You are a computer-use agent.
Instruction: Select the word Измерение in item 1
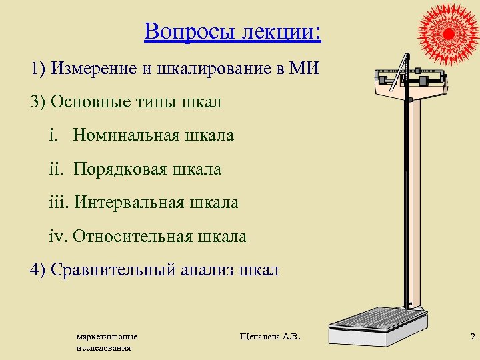tap(95, 68)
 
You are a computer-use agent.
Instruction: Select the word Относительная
tap(132, 236)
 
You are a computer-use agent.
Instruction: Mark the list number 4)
tap(38, 270)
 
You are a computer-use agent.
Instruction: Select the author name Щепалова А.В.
tap(269, 337)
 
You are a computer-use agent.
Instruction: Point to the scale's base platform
tap(377, 327)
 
